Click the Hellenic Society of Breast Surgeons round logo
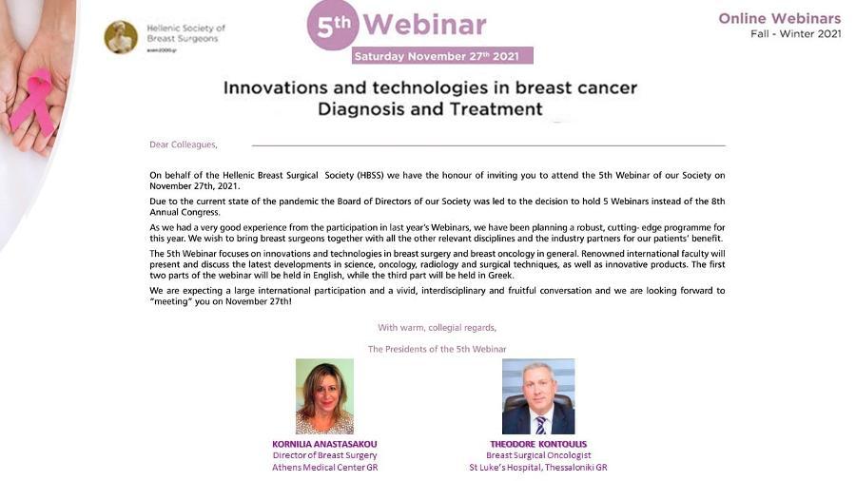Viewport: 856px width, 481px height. click(121, 37)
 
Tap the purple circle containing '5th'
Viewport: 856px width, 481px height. click(333, 24)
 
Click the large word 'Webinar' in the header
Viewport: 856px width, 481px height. click(424, 25)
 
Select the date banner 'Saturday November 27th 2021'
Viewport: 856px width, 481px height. click(442, 56)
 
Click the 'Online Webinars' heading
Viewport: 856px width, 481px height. click(780, 19)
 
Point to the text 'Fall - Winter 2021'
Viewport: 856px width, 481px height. click(795, 34)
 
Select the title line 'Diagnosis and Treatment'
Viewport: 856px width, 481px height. click(430, 109)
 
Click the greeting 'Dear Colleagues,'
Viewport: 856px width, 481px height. click(184, 144)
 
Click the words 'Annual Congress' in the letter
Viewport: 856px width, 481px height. click(184, 212)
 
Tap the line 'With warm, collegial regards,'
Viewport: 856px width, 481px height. click(438, 328)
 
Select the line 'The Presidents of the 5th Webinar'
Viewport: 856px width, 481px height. click(438, 349)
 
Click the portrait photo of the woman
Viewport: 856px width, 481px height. click(325, 396)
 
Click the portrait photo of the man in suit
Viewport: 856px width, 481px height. click(538, 396)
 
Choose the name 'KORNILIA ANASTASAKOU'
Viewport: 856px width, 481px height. click(325, 445)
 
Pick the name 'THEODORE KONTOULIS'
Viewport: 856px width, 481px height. click(538, 445)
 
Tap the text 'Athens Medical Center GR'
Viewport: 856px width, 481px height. click(325, 468)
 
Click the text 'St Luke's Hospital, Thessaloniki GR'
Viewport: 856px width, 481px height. click(538, 468)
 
